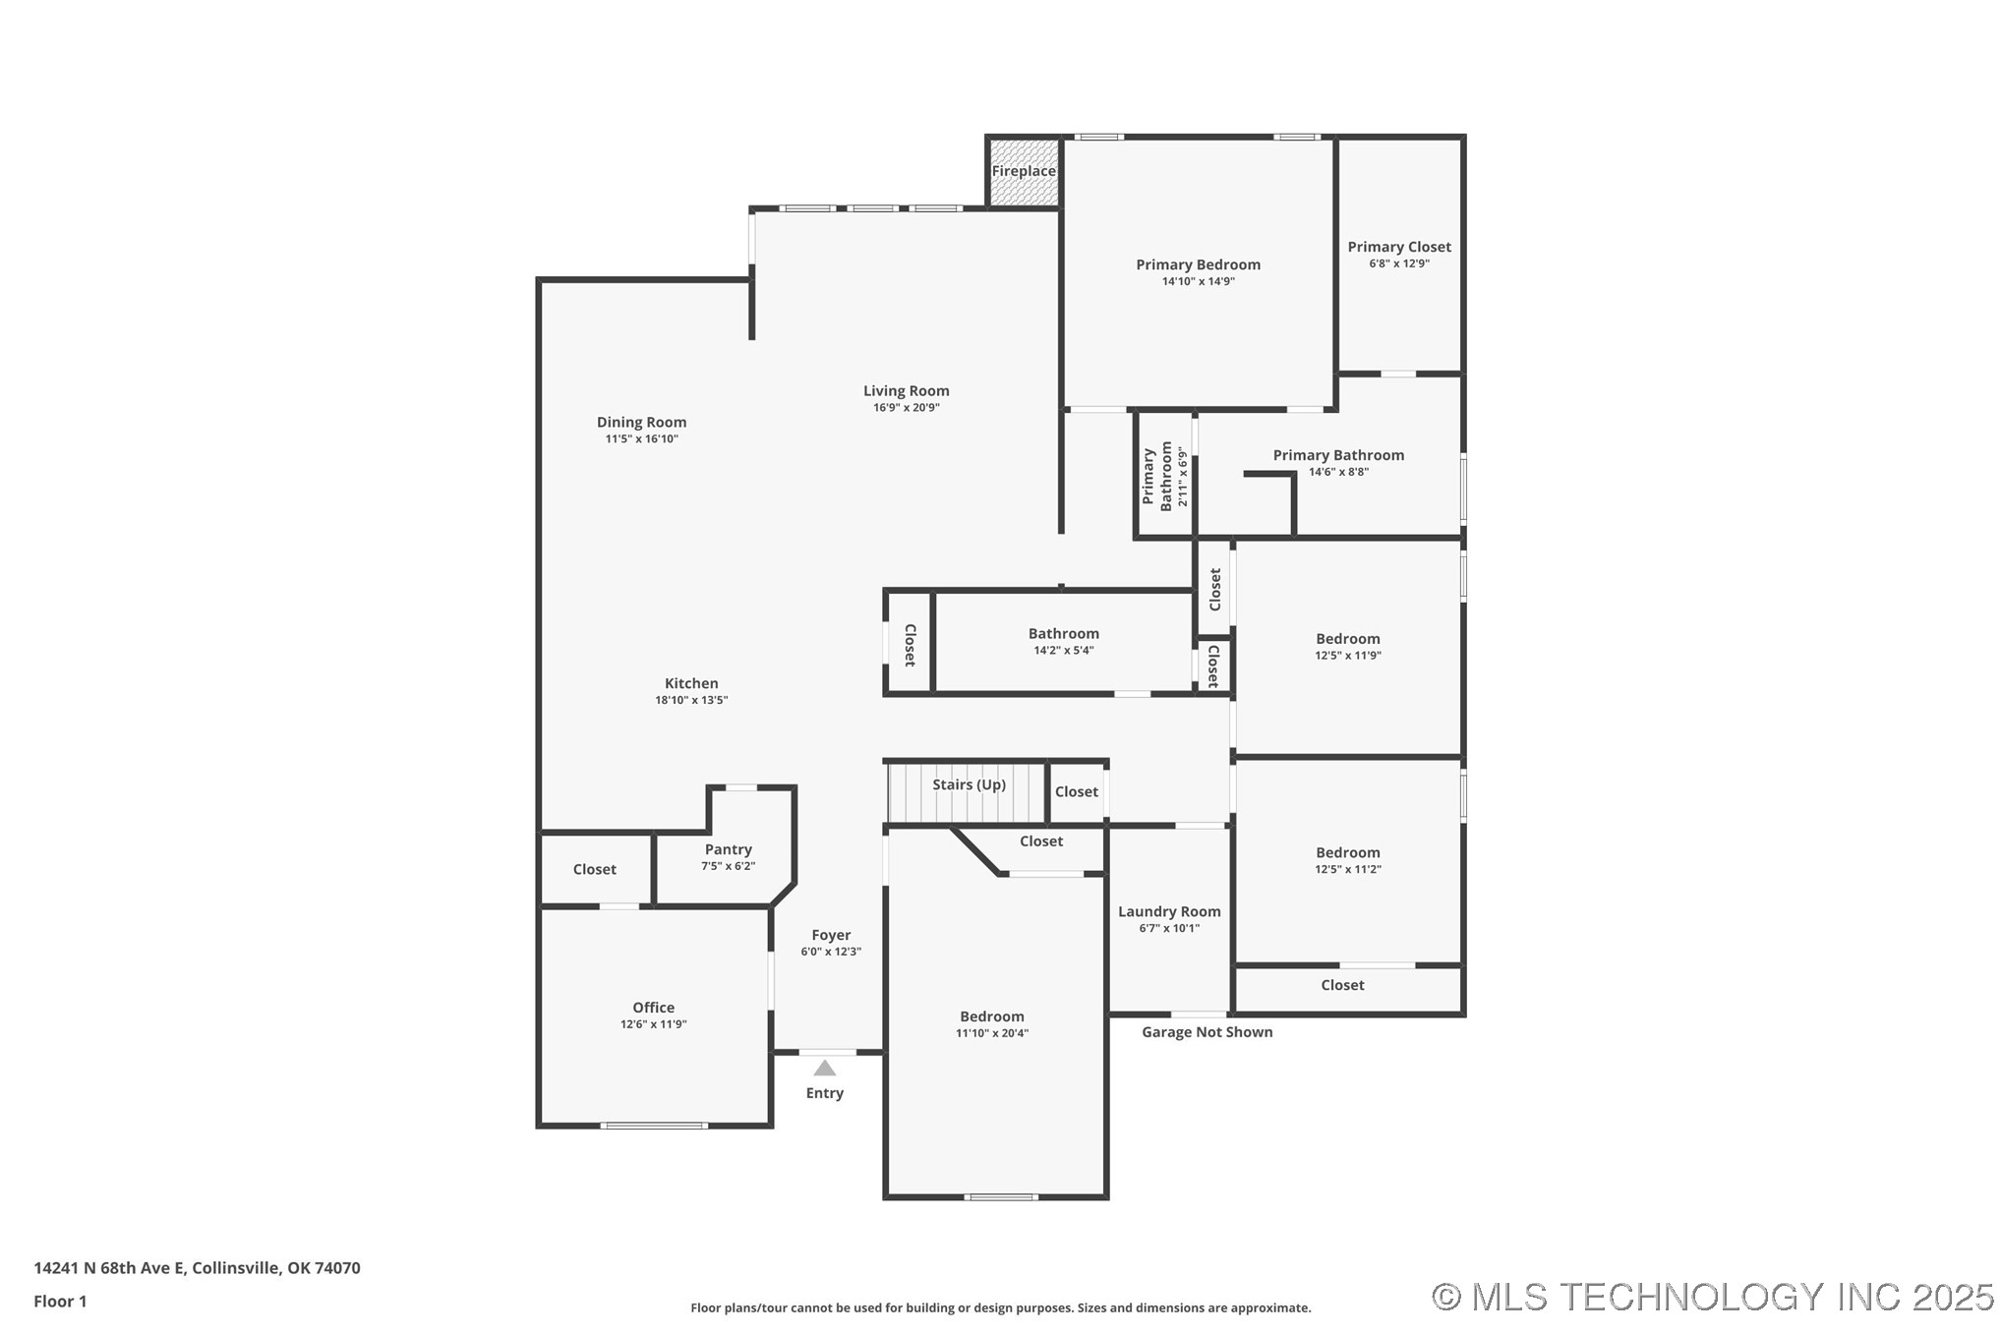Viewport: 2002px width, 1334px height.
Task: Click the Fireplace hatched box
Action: pyautogui.click(x=1024, y=172)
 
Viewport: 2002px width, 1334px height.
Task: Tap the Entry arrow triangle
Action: pyautogui.click(x=825, y=1068)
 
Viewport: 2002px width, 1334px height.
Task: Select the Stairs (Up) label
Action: pyautogui.click(x=969, y=784)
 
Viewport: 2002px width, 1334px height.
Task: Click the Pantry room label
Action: pyautogui.click(x=728, y=849)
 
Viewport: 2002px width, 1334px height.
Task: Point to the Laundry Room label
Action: pyautogui.click(x=1169, y=911)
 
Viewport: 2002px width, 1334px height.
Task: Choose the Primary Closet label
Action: pyautogui.click(x=1399, y=247)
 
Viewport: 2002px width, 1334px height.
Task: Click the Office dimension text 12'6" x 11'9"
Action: pyautogui.click(x=653, y=1024)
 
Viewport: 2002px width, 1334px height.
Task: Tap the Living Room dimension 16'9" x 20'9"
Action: pyautogui.click(x=907, y=408)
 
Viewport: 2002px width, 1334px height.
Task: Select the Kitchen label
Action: pyautogui.click(x=691, y=683)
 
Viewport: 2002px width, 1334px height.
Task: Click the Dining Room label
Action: pyautogui.click(x=641, y=423)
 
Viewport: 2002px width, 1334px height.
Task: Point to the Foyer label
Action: pyautogui.click(x=831, y=935)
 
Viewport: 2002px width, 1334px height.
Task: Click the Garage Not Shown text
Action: pyautogui.click(x=1207, y=1032)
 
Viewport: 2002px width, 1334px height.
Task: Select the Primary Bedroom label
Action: pyautogui.click(x=1198, y=264)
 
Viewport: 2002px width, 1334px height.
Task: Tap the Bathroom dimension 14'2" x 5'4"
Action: pyautogui.click(x=1064, y=651)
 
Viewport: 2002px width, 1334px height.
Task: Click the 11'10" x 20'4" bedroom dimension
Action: pyautogui.click(x=992, y=1033)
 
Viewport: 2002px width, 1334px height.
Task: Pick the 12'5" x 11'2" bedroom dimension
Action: pyautogui.click(x=1348, y=869)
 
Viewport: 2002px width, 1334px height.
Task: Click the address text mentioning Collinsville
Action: pyautogui.click(x=197, y=1268)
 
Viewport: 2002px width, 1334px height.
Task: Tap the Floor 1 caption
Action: pyautogui.click(x=60, y=1302)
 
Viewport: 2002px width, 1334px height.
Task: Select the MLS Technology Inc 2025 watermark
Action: pyautogui.click(x=1713, y=1297)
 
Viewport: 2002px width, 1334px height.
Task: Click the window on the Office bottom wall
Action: pyautogui.click(x=654, y=1126)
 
